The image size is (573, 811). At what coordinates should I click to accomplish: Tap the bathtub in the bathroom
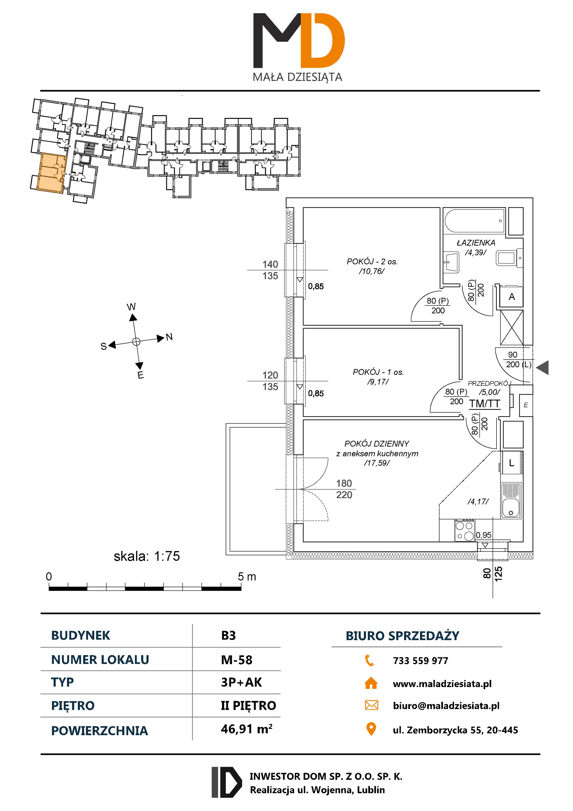[474, 221]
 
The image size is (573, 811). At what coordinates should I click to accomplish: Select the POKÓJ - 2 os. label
[372, 262]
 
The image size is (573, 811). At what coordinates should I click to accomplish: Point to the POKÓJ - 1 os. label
[378, 372]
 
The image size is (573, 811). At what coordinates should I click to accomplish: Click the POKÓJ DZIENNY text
[377, 444]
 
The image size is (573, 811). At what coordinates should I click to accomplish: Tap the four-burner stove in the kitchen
[465, 530]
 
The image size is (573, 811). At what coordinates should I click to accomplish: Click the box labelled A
[511, 297]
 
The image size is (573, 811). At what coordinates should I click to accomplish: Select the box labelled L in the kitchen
[511, 463]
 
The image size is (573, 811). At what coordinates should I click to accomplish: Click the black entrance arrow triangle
[543, 368]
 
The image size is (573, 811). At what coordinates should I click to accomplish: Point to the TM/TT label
[484, 404]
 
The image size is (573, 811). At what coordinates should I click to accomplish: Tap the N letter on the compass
[169, 337]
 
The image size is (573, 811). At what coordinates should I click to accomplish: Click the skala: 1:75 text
[146, 556]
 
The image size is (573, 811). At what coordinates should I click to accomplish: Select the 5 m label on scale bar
[246, 577]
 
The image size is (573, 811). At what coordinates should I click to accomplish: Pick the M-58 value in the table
[237, 660]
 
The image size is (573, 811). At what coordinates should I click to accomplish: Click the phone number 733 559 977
[420, 660]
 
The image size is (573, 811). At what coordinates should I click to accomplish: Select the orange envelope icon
[371, 705]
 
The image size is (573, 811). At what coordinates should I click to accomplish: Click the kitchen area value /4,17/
[478, 502]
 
